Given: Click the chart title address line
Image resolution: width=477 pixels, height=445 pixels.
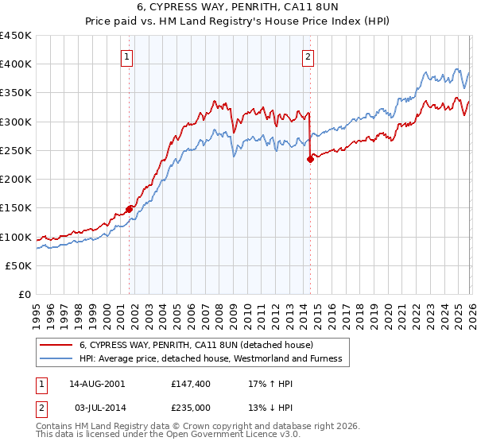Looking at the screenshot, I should coord(238,7).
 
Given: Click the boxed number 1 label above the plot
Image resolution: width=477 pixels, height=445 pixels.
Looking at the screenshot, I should coord(128,56).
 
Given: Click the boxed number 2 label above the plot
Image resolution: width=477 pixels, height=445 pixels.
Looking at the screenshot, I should coord(308,56).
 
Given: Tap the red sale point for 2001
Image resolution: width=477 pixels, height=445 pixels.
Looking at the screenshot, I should coord(129,209).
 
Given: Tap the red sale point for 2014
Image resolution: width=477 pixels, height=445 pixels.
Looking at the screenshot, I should coord(309,159).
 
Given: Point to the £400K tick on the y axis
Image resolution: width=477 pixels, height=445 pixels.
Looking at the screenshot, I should coord(16,64).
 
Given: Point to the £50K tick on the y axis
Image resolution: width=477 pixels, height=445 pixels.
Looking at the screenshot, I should coord(18,266).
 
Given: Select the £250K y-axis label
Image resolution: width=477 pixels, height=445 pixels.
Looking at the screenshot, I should coord(16,151).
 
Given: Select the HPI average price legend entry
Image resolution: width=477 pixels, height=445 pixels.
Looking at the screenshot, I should coord(211,358).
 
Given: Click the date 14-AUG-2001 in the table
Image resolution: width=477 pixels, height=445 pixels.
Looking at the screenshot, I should coord(96,383).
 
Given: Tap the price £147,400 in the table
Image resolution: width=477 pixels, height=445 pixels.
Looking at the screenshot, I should coord(189,383).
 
